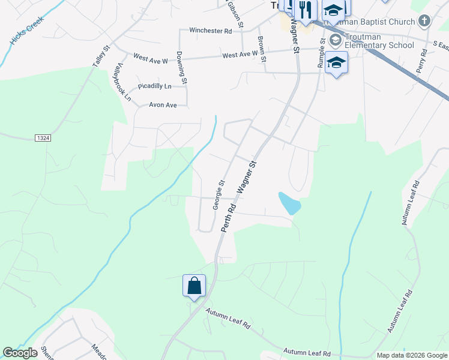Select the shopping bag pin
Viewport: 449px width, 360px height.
tap(194, 285)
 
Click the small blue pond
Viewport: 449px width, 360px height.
tap(289, 203)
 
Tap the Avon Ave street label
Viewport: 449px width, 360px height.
tap(163, 105)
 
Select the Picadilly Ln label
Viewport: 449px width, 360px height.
tap(154, 86)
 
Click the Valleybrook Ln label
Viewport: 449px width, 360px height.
tap(124, 82)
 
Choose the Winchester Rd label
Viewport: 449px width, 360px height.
tap(210, 30)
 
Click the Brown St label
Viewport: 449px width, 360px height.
tap(262, 49)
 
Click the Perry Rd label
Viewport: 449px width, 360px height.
tap(424, 60)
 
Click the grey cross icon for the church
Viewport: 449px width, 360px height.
tap(424, 22)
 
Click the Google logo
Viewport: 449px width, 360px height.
tap(20, 353)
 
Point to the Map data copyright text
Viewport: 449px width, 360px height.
tap(411, 355)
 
